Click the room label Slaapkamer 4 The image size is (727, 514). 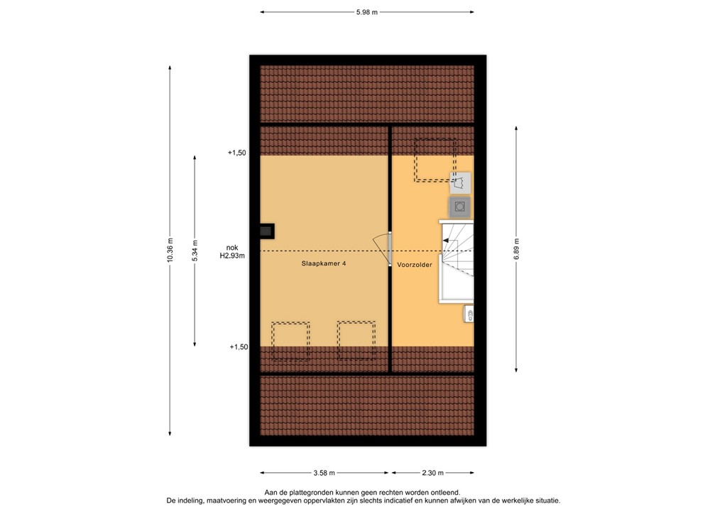tap(323, 263)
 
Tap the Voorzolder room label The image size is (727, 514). tap(415, 264)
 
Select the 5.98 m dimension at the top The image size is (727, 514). tap(366, 12)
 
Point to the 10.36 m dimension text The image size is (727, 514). tap(170, 249)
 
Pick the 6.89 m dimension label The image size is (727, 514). tap(516, 249)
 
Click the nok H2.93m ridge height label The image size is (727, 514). tap(231, 252)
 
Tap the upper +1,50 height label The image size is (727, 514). tap(236, 153)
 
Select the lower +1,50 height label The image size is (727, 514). tap(239, 347)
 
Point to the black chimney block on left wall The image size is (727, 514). tap(266, 231)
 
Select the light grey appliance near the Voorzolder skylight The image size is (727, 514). tap(460, 183)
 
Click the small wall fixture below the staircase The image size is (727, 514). tap(469, 313)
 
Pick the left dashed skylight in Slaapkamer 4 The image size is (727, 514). tap(290, 341)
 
